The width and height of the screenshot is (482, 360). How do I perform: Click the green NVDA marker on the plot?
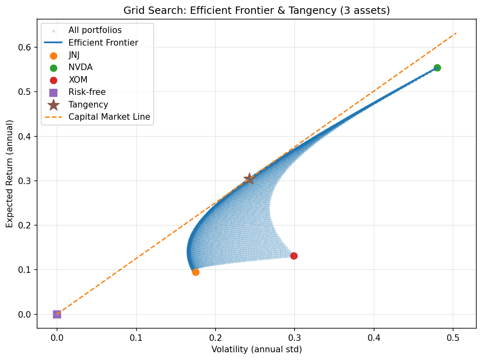tap(437, 68)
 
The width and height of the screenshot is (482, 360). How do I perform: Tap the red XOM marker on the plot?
tap(294, 256)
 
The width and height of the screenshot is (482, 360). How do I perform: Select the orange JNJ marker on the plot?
tap(196, 272)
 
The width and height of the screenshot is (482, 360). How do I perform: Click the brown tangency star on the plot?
tap(249, 178)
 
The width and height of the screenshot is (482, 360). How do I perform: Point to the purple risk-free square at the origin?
tap(57, 314)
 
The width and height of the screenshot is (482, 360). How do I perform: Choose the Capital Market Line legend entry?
tap(109, 117)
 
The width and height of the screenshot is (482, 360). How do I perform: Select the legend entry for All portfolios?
tap(95, 30)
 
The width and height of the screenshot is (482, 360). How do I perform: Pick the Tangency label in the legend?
tap(88, 105)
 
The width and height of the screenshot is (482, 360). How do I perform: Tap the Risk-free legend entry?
tap(87, 92)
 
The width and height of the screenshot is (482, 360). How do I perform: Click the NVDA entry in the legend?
tap(81, 67)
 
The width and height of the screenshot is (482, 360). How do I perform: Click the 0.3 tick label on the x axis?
tap(295, 337)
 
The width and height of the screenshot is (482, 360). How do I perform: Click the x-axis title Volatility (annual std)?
tap(257, 349)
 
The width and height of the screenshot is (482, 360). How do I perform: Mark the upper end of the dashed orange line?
tap(456, 33)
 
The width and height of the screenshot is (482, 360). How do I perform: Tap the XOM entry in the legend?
tap(78, 80)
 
